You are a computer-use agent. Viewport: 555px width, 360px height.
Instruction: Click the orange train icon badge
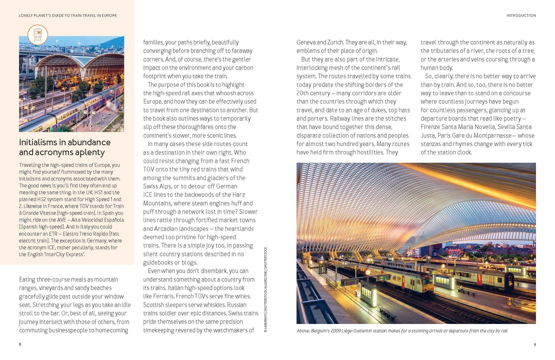tap(38, 35)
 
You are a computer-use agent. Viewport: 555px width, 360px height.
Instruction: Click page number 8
tap(20, 344)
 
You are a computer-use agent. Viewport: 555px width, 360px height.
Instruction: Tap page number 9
tap(535, 344)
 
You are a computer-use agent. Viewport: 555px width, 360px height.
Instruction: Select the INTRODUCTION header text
tap(521, 15)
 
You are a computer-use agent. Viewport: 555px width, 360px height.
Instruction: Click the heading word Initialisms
tap(38, 142)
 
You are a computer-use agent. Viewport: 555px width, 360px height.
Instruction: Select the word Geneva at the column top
tap(306, 43)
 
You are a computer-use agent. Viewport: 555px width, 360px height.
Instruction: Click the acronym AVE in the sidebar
tap(61, 220)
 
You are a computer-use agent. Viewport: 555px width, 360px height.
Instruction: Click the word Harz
tap(239, 195)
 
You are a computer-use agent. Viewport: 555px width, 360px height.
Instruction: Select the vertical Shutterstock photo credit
tap(265, 290)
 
